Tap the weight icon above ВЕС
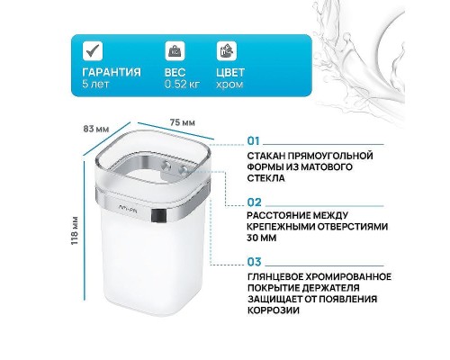click(x=172, y=49)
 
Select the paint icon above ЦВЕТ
click(x=224, y=49)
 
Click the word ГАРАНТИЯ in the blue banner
click(x=111, y=73)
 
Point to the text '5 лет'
click(x=94, y=85)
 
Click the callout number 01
click(x=253, y=142)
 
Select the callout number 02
click(x=253, y=202)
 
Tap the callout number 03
click(x=253, y=262)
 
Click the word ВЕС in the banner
click(x=175, y=73)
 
